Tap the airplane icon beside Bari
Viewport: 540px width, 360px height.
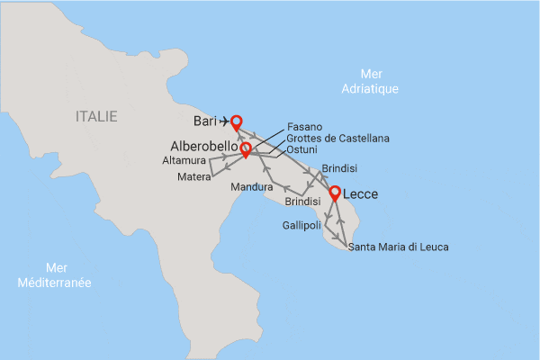(223, 121)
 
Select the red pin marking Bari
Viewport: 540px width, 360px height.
(237, 121)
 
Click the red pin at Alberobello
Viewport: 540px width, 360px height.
(245, 148)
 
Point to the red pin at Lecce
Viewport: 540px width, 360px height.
(335, 193)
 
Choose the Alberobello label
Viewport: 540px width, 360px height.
(203, 146)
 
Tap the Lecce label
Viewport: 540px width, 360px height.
(360, 193)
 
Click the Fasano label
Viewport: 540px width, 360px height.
(304, 127)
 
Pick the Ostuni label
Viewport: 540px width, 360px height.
(301, 149)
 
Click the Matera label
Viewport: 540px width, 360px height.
(194, 177)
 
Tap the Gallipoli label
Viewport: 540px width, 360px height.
(301, 225)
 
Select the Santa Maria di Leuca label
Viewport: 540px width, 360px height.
(398, 247)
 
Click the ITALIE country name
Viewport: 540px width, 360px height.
(97, 115)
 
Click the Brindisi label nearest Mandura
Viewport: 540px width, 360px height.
(303, 203)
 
